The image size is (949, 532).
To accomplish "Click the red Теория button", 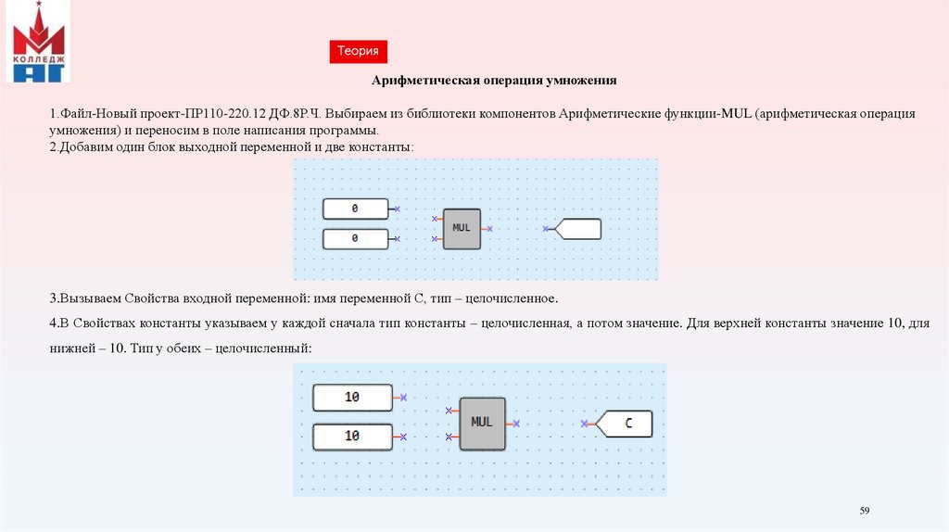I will point(358,53).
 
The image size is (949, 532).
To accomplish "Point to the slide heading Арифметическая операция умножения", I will point(494,81).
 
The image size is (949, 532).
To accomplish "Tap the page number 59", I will point(865,511).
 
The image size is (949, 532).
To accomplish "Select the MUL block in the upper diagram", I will point(462,228).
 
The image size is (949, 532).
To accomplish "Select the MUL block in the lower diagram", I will point(482,424).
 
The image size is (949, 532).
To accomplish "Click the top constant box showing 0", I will point(355,209).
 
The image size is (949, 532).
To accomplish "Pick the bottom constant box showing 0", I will point(355,239).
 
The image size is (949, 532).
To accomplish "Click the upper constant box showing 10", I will point(352,398).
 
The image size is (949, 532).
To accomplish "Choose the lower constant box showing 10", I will point(352,436).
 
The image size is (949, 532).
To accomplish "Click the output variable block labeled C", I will point(626,424).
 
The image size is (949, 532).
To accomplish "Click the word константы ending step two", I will point(382,147).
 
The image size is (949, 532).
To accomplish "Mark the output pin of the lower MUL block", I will point(515,424).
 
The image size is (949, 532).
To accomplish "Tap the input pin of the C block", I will point(585,424).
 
